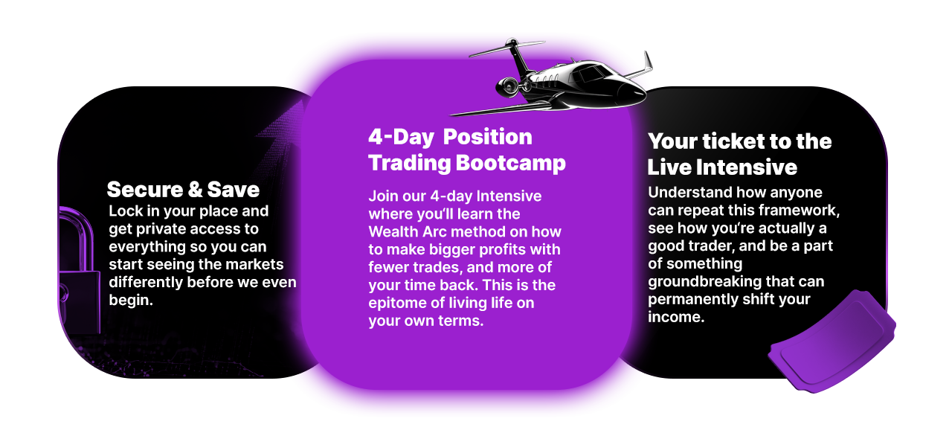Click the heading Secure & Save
[x=183, y=190]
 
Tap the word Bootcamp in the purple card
[x=510, y=163]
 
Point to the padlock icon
[x=79, y=272]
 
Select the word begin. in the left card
[x=131, y=301]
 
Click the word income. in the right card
[x=676, y=317]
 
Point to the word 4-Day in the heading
[x=401, y=138]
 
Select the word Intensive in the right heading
[x=746, y=167]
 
